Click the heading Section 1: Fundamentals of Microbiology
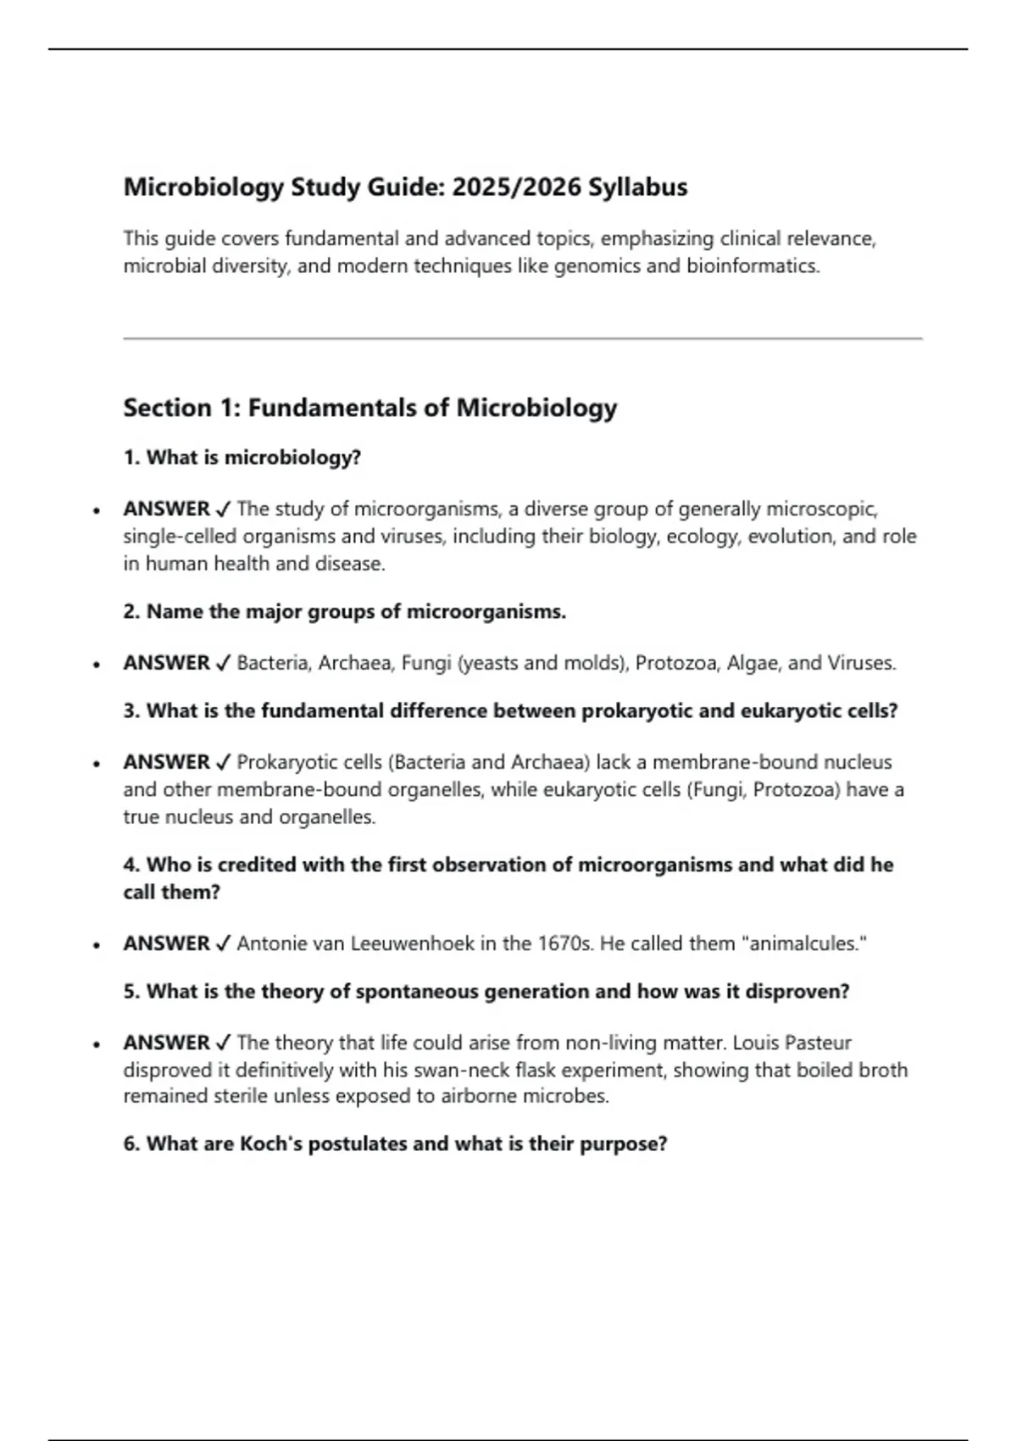370,408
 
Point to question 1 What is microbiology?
242,458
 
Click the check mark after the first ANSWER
223,509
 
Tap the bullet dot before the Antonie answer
97,944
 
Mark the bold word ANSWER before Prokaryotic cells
166,762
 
